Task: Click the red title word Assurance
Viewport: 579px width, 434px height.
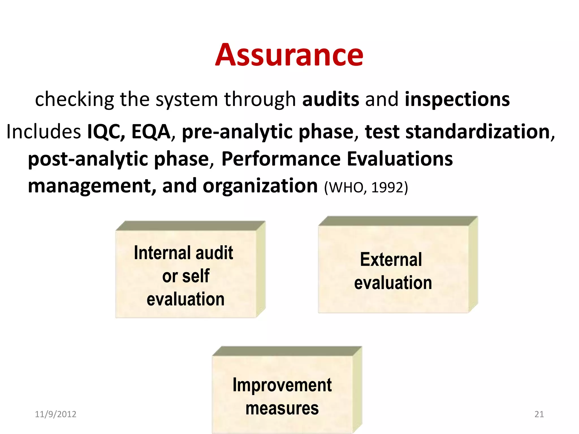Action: pos(289,55)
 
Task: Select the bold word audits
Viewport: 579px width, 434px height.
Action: pos(330,99)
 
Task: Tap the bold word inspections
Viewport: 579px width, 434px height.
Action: pos(457,99)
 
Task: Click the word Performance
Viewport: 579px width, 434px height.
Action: pos(281,159)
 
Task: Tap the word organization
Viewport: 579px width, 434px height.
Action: pos(260,186)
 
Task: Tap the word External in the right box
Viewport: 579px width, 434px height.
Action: pos(391,259)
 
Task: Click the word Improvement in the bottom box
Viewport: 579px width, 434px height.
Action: pos(282,385)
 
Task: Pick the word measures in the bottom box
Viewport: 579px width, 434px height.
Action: pos(282,409)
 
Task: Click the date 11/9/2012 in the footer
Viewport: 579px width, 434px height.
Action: pos(55,414)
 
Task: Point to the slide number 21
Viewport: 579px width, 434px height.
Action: pos(539,414)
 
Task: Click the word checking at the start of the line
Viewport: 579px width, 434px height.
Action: pos(74,99)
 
